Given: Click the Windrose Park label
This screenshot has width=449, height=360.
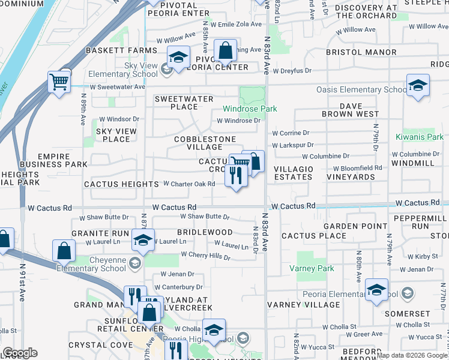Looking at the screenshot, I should click(250, 109).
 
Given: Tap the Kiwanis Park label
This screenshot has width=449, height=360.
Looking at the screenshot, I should click(418, 137).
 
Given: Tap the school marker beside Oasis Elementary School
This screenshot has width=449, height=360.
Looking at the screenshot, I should click(418, 85).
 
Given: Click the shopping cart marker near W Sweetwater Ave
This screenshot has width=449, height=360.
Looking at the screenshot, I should click(59, 81).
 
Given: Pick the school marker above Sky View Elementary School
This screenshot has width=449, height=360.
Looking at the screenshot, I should click(178, 58).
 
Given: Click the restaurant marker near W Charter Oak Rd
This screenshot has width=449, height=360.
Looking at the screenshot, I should click(236, 175).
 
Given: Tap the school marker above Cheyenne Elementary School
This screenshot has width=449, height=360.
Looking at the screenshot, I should click(143, 240).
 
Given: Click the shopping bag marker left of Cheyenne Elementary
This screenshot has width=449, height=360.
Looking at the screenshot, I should click(64, 251).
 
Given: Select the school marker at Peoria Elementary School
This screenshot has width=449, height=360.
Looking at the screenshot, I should click(376, 290).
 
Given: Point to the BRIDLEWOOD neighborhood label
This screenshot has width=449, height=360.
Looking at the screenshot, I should click(205, 232).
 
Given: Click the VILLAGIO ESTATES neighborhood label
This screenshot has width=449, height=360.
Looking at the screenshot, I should click(293, 173).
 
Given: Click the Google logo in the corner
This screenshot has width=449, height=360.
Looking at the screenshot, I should click(20, 353).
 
